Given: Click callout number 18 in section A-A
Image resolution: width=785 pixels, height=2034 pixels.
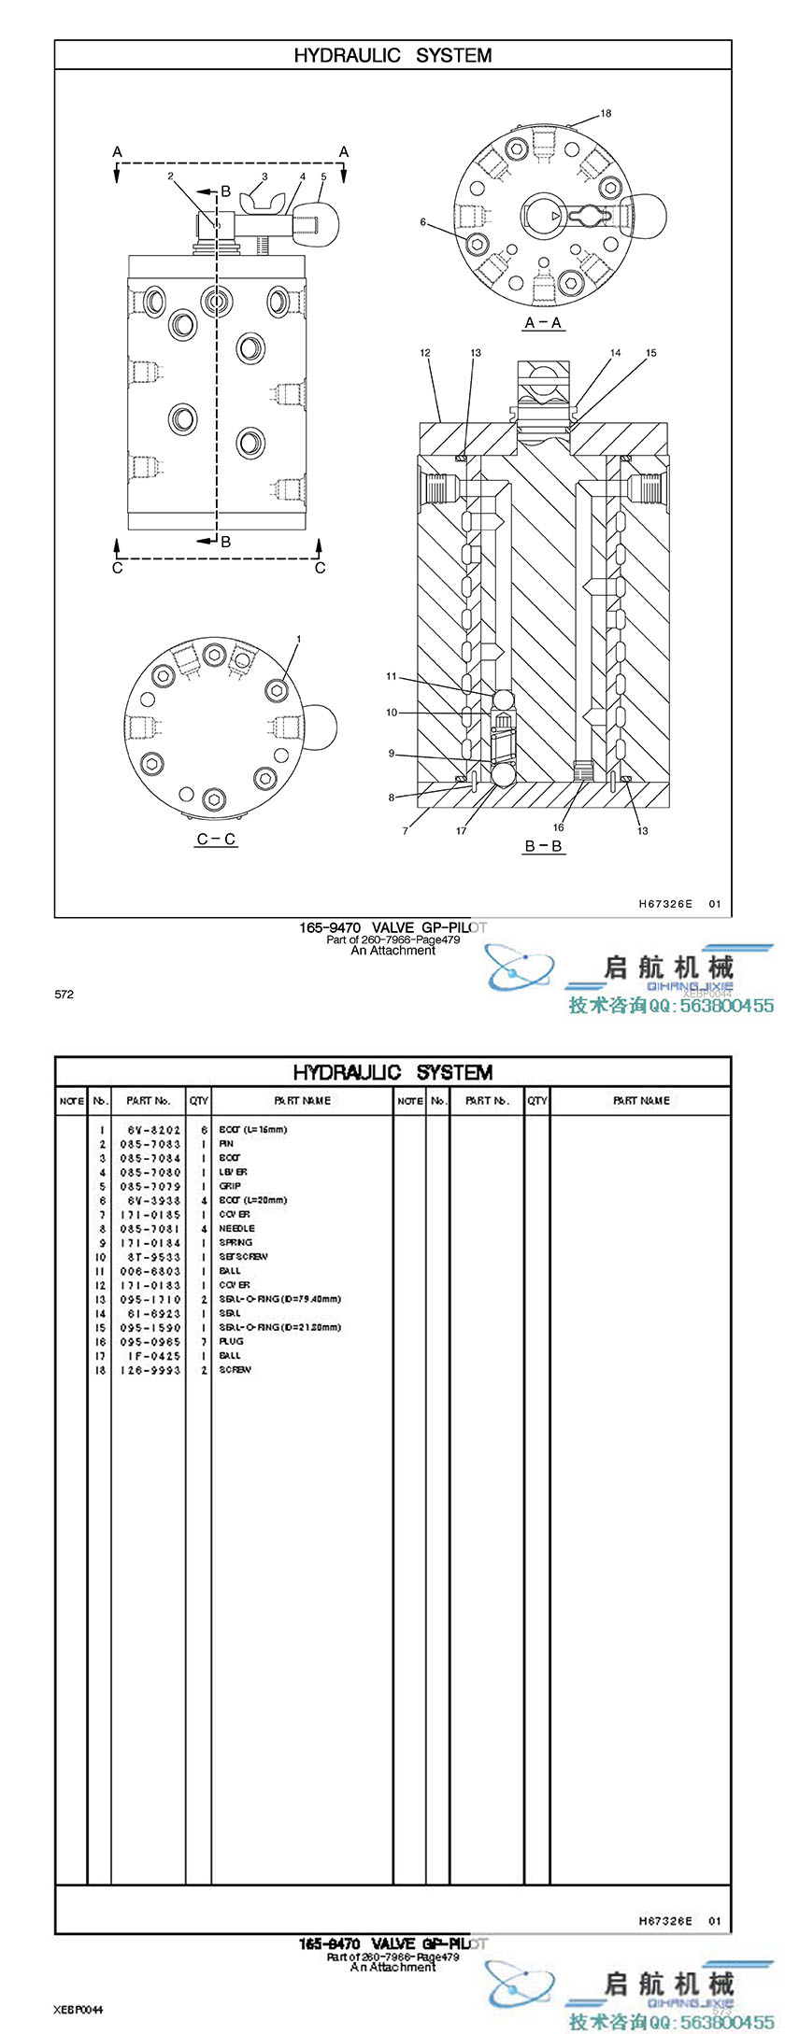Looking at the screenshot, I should coord(606,114).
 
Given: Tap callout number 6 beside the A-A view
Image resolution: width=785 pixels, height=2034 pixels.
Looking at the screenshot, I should coord(423,222).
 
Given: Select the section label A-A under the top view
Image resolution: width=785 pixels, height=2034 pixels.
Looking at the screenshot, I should coord(543,323).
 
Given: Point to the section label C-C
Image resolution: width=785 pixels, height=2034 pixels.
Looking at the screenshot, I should coord(216,840).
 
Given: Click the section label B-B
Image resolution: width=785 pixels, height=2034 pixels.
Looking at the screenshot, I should coord(543,847).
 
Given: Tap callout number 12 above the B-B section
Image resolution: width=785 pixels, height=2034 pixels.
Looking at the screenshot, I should coord(425,353).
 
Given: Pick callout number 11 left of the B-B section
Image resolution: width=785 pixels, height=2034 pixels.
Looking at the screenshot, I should coord(392,676).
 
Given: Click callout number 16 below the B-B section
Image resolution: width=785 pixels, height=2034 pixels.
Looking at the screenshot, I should coord(558,827).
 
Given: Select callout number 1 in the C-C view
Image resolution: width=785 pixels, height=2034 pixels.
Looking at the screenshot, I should coord(298,639).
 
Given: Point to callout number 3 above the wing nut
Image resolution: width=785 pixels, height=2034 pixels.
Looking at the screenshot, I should coord(264,176).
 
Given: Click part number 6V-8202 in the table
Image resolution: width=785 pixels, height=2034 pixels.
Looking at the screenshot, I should coord(154,1130).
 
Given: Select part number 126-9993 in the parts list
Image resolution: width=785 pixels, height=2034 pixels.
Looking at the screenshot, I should coord(154,1370).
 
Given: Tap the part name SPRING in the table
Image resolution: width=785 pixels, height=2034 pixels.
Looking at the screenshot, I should coord(235,1243).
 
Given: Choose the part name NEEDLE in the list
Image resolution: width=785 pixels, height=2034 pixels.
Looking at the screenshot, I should coord(236,1229).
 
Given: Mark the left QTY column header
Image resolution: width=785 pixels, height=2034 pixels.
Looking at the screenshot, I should coord(199,1101).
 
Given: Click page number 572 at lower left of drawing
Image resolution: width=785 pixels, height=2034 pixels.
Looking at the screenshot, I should coord(64,995).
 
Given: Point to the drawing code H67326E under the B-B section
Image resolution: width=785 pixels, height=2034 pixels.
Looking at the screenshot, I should coord(665,904).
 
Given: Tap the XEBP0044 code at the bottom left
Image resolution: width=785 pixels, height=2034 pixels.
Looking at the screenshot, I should coord(78,2009).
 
